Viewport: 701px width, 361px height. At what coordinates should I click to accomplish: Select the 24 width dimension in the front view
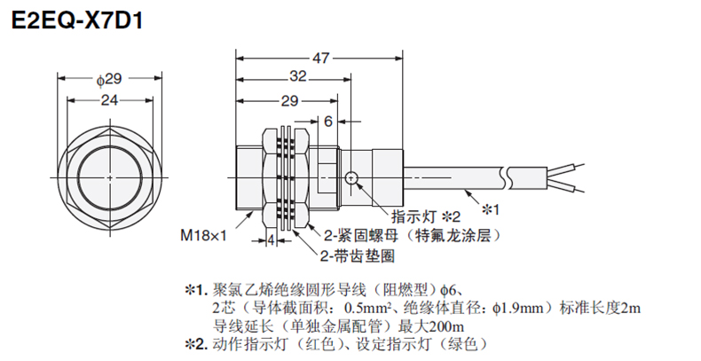pos(109,101)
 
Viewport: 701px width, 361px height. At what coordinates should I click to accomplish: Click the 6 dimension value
pos(328,121)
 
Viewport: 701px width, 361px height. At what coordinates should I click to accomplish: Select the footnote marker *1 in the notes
pos(194,290)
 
